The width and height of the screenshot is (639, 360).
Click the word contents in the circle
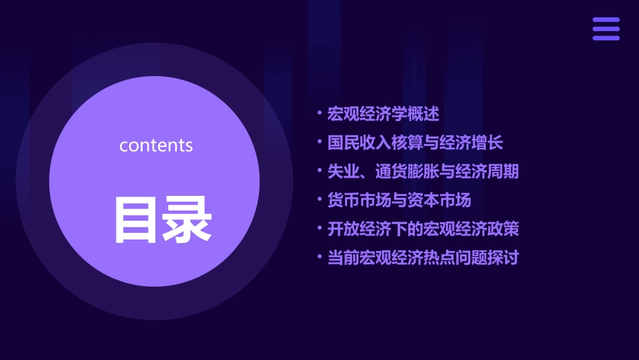[x=156, y=145]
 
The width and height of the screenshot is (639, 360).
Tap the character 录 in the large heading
[x=188, y=220]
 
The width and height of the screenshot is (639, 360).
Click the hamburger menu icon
[x=606, y=29]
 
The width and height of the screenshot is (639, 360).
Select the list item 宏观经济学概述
[x=383, y=114]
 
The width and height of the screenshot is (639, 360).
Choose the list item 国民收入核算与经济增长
[x=415, y=143]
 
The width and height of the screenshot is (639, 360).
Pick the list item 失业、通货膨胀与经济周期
[x=423, y=171]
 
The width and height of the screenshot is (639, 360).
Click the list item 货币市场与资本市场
[x=399, y=200]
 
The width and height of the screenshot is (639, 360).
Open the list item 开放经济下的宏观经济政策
[x=423, y=229]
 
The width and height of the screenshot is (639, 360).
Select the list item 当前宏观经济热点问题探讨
[x=423, y=257]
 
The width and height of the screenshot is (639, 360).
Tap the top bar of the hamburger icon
[x=606, y=20]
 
